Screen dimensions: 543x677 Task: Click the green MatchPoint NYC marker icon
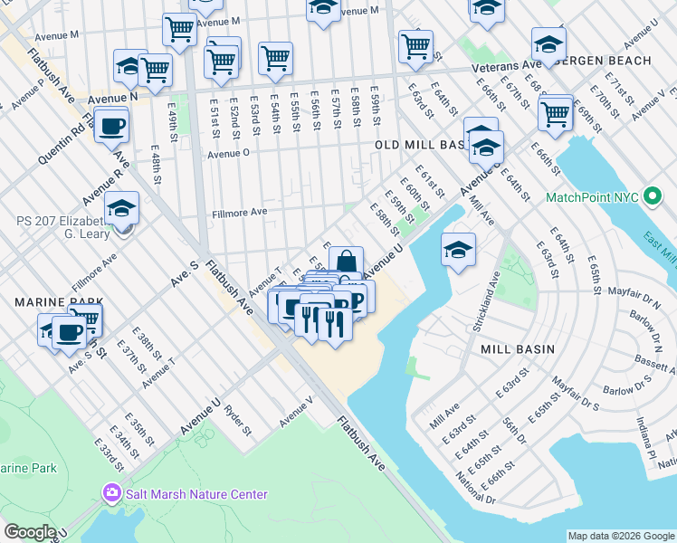point(650,197)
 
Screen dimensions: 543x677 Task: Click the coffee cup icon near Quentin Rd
point(111,125)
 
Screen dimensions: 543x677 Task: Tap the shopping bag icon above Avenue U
point(346,262)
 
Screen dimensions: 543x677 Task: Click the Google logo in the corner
point(29,531)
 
